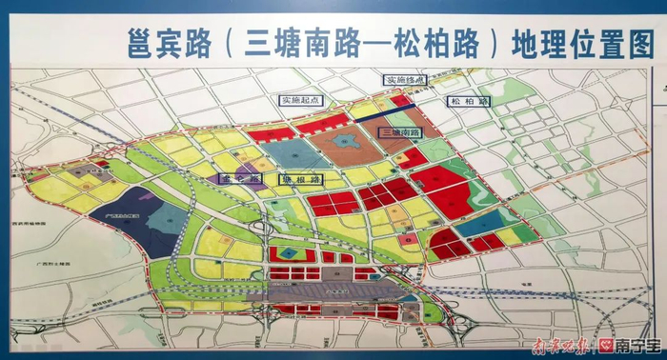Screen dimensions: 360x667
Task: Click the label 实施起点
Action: (x=296, y=99)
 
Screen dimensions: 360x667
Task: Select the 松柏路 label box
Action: (x=468, y=100)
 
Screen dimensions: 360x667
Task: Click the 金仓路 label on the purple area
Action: (x=234, y=178)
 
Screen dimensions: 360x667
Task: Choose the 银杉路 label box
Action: (x=300, y=178)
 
